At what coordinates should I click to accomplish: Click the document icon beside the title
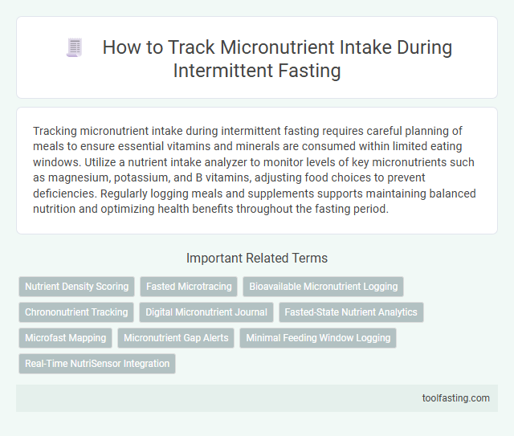75,48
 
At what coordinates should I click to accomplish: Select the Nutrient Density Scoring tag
76,286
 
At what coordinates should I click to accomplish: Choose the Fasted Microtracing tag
189,286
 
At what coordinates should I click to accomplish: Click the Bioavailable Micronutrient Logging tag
323,286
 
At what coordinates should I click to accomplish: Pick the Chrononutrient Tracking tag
76,312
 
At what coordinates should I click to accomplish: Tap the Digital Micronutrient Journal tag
207,312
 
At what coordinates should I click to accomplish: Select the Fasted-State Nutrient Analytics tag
351,312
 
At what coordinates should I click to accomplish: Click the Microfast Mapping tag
65,337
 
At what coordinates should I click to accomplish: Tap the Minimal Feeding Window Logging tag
318,337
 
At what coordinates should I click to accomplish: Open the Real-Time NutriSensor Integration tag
97,363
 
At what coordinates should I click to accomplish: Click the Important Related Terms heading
256,258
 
